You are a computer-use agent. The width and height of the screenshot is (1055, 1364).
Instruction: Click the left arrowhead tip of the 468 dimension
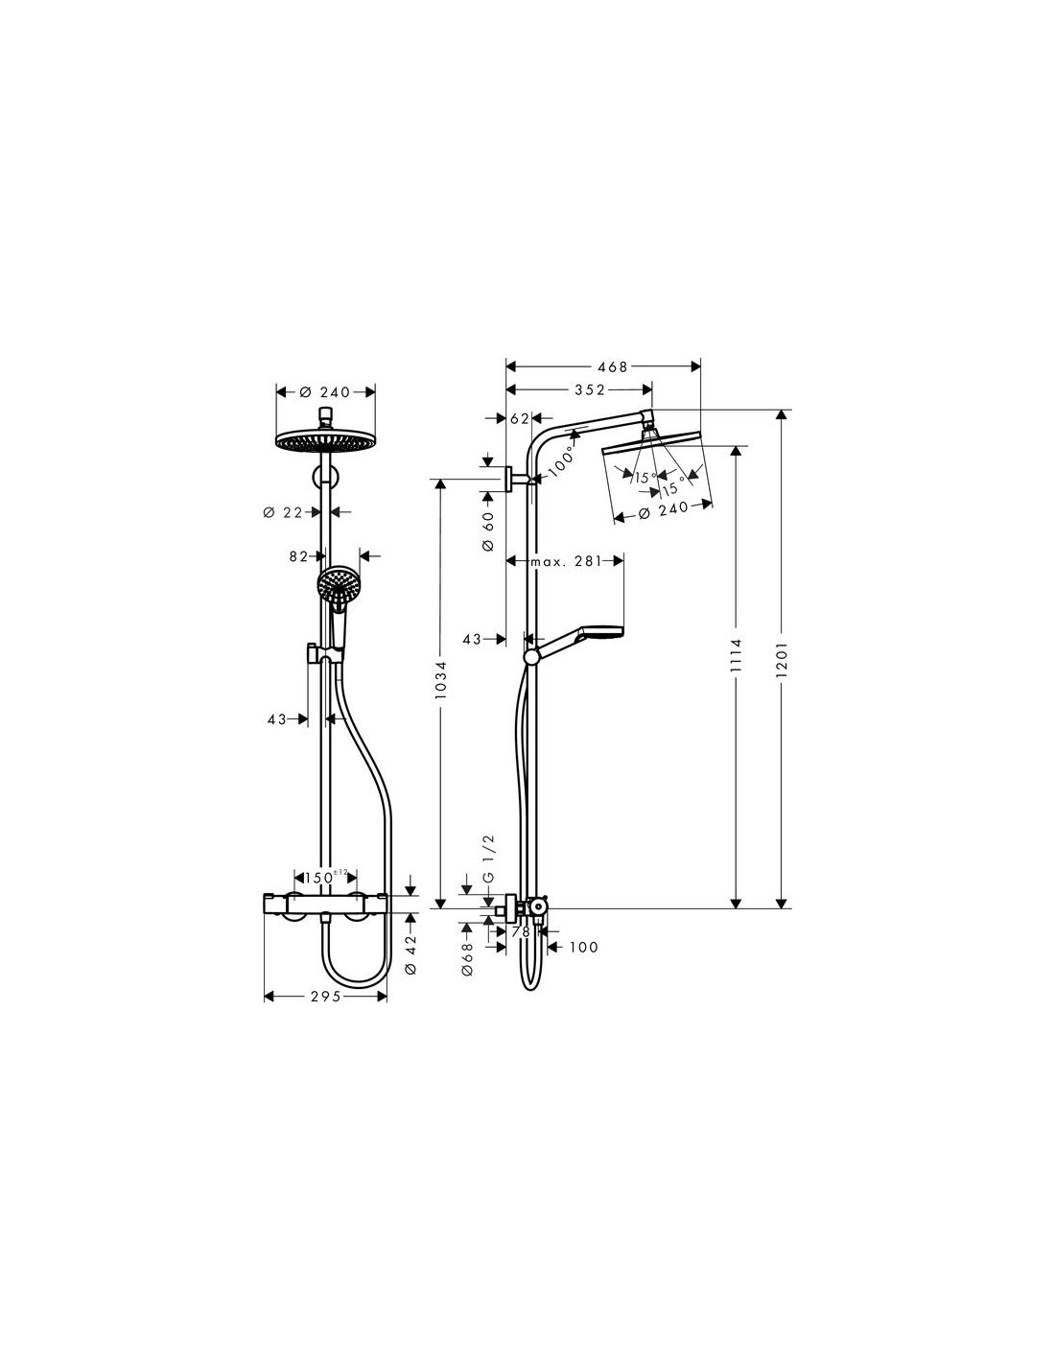[505, 366]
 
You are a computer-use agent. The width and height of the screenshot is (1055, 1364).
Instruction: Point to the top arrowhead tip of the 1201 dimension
[782, 410]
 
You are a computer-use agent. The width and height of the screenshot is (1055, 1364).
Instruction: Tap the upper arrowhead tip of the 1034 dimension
[440, 480]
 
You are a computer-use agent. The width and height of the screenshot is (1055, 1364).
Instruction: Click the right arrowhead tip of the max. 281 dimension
[623, 560]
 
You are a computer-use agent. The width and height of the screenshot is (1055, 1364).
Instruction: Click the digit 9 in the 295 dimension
[324, 997]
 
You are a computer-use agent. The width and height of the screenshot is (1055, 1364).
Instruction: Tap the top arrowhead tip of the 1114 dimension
[737, 447]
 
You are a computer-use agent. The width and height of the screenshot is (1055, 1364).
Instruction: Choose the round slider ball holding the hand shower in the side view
[531, 656]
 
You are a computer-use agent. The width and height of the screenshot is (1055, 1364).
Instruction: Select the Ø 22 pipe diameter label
[283, 512]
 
